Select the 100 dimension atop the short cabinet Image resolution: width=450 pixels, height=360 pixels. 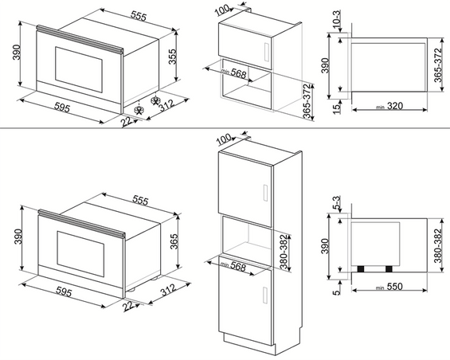pyautogui.click(x=221, y=10)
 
